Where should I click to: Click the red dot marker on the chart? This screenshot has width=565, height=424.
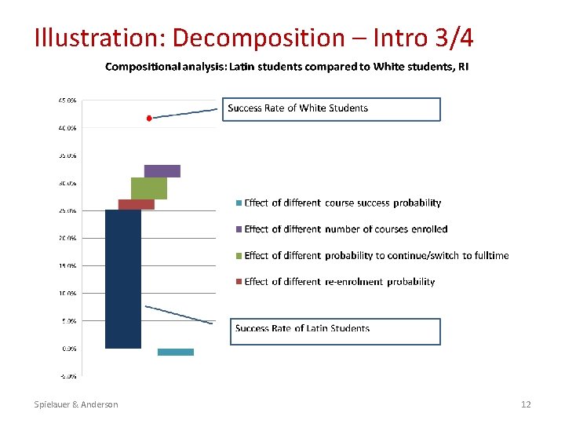click(x=149, y=118)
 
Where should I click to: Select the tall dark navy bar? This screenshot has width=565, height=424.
click(x=123, y=279)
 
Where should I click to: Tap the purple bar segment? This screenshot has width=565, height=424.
click(x=162, y=171)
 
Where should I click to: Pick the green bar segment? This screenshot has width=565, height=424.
click(x=149, y=188)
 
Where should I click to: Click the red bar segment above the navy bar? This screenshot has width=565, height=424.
click(x=136, y=204)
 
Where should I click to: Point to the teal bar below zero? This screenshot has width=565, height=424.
click(x=175, y=352)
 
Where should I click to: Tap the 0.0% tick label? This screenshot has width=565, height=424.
click(x=68, y=348)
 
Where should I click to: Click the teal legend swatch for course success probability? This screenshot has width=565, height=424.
click(x=239, y=203)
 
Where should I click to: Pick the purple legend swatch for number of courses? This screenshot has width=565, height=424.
click(x=239, y=229)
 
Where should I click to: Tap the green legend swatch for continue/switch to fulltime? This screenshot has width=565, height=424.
click(x=239, y=256)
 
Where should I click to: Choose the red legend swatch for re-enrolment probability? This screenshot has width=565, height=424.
click(x=239, y=282)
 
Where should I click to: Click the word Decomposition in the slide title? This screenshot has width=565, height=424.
click(x=258, y=38)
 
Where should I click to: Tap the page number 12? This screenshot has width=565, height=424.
click(x=526, y=404)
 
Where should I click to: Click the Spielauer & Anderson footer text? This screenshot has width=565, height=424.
click(x=76, y=404)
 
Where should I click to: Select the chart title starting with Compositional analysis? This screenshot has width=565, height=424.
click(x=287, y=67)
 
